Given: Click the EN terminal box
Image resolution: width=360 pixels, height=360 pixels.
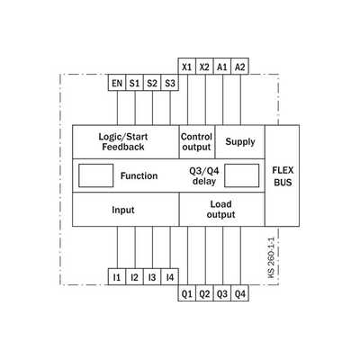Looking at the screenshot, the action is coord(117,83).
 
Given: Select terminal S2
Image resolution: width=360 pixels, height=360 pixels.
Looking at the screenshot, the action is coord(152,83).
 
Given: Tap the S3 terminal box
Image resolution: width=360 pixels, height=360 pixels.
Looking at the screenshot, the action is coord(170,83).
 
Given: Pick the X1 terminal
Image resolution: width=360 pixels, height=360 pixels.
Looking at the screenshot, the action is coord(187,66).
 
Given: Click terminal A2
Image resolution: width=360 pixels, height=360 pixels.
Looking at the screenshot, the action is coord(240,66).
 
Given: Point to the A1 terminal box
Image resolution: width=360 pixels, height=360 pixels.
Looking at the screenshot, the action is coord(222,66).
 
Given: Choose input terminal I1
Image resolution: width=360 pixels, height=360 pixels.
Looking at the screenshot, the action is coord(117,276).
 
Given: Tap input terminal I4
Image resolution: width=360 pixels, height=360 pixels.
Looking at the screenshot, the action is coord(170,276).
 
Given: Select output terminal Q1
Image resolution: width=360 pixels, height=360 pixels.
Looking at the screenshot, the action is coord(187,293).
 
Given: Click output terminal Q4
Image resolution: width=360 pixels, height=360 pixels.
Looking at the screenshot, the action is coord(240,293).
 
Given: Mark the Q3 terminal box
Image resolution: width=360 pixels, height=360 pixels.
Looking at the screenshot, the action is coord(222,293).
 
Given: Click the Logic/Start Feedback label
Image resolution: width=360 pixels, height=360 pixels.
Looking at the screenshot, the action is coord(123,142).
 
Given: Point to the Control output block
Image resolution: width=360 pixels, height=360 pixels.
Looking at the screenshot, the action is coord(197,142).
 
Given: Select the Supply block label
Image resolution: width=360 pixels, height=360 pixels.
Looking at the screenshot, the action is coord(240,141).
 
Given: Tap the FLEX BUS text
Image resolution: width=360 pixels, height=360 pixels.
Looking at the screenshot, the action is coord(283,176).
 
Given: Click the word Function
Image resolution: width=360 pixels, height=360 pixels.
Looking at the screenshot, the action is coord(139,175).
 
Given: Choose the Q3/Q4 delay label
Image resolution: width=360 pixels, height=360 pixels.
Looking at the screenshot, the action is coord(204,176).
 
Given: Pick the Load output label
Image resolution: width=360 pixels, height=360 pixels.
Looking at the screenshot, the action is coord(220,210).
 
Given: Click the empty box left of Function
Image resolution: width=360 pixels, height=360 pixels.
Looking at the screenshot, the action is coord(96,175).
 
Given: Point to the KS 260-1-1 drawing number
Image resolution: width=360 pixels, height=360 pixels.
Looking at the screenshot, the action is coord(271,257).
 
